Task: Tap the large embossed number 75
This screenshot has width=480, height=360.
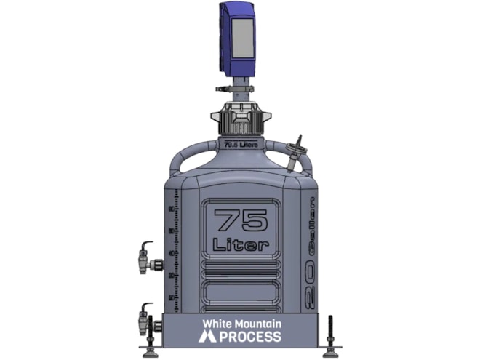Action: (240, 220)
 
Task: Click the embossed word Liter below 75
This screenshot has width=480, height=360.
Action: (240, 244)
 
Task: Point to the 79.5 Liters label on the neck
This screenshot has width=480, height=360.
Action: (240, 144)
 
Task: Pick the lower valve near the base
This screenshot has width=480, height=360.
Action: (146, 319)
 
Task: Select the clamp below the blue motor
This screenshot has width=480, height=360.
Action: (239, 89)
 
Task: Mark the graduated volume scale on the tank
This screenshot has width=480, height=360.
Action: (172, 255)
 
